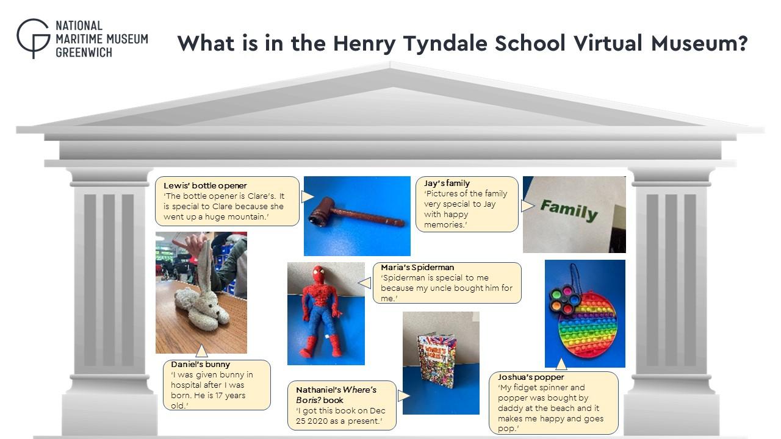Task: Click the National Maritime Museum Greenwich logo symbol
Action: pyautogui.click(x=33, y=38)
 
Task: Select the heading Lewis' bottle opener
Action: pyautogui.click(x=205, y=185)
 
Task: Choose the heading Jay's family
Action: pyautogui.click(x=447, y=184)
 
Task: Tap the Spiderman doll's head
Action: pyautogui.click(x=319, y=275)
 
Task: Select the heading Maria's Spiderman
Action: pyautogui.click(x=417, y=267)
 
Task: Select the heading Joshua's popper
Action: pyautogui.click(x=531, y=377)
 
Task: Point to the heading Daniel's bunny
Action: pyautogui.click(x=201, y=365)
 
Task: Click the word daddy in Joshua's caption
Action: pyautogui.click(x=509, y=408)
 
